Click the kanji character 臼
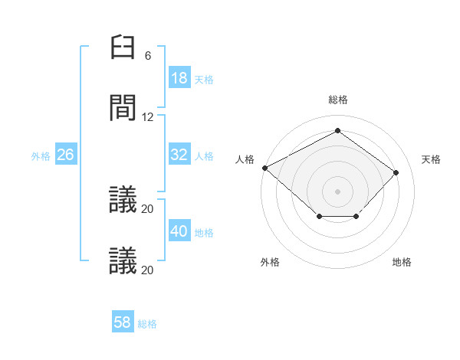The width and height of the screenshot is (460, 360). point(123,47)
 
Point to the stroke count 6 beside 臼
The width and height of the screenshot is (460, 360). point(148,56)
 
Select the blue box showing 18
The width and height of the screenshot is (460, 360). point(179,78)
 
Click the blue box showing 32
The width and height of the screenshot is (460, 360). point(179,155)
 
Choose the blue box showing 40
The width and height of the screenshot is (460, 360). point(179,231)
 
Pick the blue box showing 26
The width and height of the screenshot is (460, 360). point(66,155)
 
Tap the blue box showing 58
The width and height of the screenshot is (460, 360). point(123,322)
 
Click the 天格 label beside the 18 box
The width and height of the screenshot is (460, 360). point(204,79)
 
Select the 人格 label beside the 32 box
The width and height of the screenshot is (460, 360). point(204,155)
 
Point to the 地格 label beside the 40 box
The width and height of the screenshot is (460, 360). point(204,232)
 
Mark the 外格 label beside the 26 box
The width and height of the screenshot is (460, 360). point(41,155)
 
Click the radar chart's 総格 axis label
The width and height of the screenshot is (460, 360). point(338,100)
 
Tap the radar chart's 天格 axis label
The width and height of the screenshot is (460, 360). point(432,159)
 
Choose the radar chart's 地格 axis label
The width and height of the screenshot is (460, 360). point(402,262)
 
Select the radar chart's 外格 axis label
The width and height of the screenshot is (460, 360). point(270,262)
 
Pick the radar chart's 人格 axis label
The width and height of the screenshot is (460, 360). point(245,159)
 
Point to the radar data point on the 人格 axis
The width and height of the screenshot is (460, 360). point(264,167)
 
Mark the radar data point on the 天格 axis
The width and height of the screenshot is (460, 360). point(396,172)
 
